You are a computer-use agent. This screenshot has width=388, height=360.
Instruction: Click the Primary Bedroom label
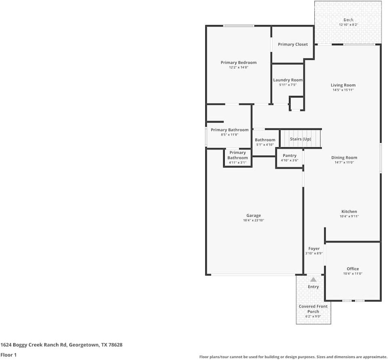pyautogui.click(x=238, y=63)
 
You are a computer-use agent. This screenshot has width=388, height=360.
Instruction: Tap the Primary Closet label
pyautogui.click(x=293, y=44)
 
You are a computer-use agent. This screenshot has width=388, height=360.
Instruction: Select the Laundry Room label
pyautogui.click(x=288, y=80)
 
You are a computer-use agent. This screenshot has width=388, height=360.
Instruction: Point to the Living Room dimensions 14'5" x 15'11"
pyautogui.click(x=343, y=90)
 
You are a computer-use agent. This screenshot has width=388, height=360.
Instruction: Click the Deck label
pyautogui.click(x=348, y=20)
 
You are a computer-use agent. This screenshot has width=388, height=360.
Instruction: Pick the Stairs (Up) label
pyautogui.click(x=301, y=139)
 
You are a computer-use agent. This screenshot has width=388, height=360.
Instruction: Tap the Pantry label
pyautogui.click(x=289, y=156)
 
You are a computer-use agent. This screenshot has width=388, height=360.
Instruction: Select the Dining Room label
pyautogui.click(x=344, y=158)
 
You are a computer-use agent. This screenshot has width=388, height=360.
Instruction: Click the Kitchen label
pyautogui.click(x=349, y=212)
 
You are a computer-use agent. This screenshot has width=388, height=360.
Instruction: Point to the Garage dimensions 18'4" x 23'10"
pyautogui.click(x=254, y=220)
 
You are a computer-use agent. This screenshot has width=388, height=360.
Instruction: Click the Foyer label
pyautogui.click(x=314, y=249)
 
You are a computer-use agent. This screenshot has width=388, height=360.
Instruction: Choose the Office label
pyautogui.click(x=352, y=269)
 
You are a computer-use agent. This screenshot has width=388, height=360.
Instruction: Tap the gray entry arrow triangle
pyautogui.click(x=313, y=280)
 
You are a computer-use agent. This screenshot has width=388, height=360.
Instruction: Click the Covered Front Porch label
pyautogui.click(x=313, y=309)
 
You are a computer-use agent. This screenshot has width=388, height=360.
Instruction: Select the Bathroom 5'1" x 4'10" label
pyautogui.click(x=265, y=140)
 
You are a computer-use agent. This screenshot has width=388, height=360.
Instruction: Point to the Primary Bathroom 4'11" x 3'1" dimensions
pyautogui.click(x=237, y=163)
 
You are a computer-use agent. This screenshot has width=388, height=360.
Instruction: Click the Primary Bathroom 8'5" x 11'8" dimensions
pyautogui.click(x=230, y=135)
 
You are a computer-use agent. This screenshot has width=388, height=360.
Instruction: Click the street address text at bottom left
pyautogui.click(x=61, y=345)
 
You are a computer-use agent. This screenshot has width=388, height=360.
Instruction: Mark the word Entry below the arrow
pyautogui.click(x=313, y=287)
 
